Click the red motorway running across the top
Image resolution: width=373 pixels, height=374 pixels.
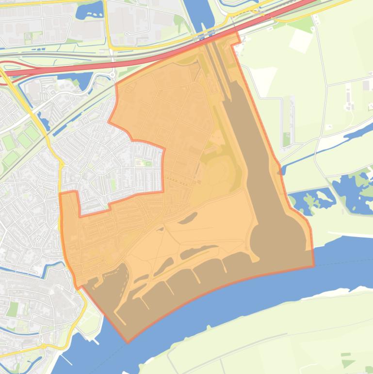(146, 61)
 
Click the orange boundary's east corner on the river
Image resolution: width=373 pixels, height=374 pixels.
(313, 266)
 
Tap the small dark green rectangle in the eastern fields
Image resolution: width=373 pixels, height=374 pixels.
(287, 139)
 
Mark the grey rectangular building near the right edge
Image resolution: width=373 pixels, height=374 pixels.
(366, 85)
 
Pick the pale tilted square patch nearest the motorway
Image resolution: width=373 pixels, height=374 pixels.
(301, 41)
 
